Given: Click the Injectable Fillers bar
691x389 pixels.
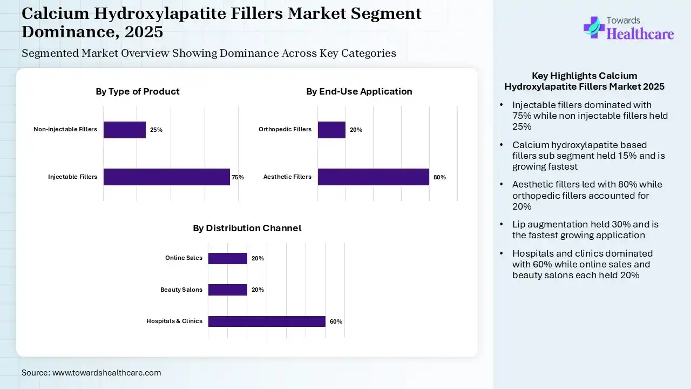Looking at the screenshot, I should [166, 177].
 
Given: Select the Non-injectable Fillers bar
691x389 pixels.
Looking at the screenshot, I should [125, 130].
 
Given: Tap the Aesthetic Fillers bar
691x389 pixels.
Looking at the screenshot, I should [373, 177].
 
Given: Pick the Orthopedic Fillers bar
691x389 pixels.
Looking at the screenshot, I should [331, 130].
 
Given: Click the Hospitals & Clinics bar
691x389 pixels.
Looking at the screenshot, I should [267, 321].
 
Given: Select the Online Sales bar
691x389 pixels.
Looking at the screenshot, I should [227, 258].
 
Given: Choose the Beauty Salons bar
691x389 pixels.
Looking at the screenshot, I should [227, 290].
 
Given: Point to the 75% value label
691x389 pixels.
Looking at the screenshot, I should [238, 177].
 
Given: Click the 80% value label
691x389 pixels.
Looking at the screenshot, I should [439, 177].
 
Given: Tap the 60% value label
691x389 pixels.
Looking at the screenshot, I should [336, 321].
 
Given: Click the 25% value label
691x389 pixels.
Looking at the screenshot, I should [156, 130].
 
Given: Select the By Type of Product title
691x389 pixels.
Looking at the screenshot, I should [138, 91].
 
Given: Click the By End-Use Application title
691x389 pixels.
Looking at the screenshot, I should [359, 91].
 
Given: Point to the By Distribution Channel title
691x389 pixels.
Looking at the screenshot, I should [247, 228].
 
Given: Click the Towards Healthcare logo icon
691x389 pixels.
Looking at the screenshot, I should [594, 27].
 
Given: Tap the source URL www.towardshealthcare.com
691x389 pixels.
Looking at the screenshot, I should [106, 373].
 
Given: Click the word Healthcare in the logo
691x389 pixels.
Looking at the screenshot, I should [640, 34].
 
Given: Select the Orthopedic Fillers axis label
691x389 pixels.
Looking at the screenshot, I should [285, 130].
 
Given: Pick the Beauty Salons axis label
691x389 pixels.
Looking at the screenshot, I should [181, 290].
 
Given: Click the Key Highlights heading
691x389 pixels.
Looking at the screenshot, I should [584, 81].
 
